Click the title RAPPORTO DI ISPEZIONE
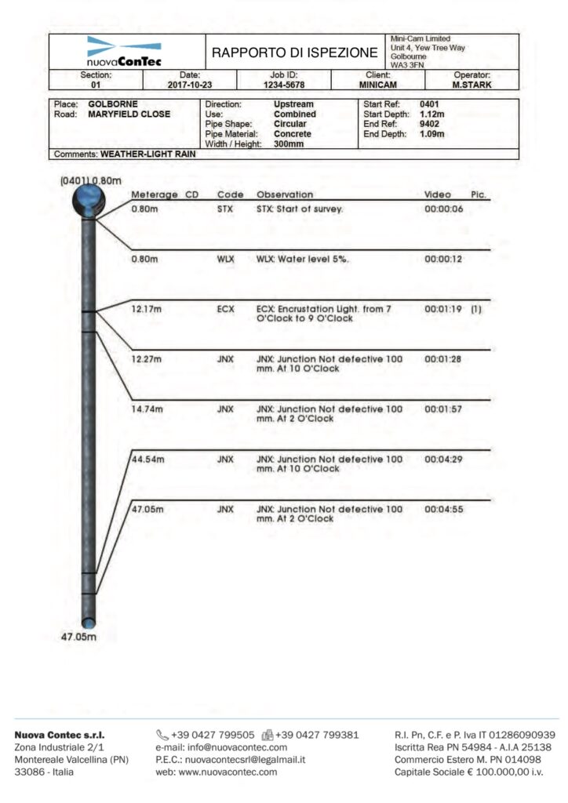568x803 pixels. (x=294, y=53)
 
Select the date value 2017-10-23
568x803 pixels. (x=190, y=85)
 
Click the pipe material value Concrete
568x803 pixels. (x=293, y=134)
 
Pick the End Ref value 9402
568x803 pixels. (x=429, y=124)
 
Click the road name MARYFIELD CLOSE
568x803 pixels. (x=129, y=114)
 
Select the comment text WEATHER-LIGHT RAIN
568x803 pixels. (x=148, y=154)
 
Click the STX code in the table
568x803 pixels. (x=224, y=210)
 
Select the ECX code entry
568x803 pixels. (x=225, y=309)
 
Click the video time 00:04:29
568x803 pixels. (x=444, y=459)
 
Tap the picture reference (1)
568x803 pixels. (x=475, y=309)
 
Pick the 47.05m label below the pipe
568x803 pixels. (x=79, y=638)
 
